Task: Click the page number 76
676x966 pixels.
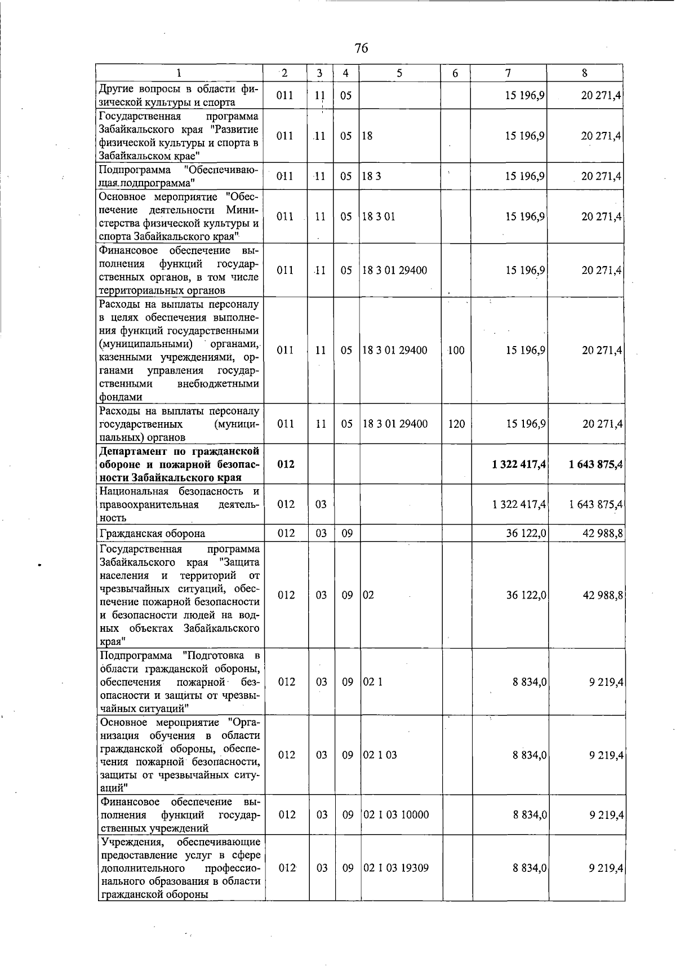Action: (362, 48)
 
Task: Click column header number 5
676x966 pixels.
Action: (399, 73)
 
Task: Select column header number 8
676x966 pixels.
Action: (585, 73)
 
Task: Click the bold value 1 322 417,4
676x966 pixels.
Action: (518, 464)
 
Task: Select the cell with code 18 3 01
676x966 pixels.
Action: (379, 217)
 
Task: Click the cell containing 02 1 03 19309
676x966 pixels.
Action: (396, 868)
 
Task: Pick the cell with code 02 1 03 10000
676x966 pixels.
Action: (396, 815)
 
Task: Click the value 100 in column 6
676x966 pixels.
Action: (456, 351)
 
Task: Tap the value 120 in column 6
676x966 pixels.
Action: (456, 424)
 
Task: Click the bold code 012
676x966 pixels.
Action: (286, 464)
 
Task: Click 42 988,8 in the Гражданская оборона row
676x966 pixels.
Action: (602, 533)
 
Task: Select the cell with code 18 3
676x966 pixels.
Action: (372, 176)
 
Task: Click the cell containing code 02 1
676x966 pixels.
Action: (373, 682)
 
